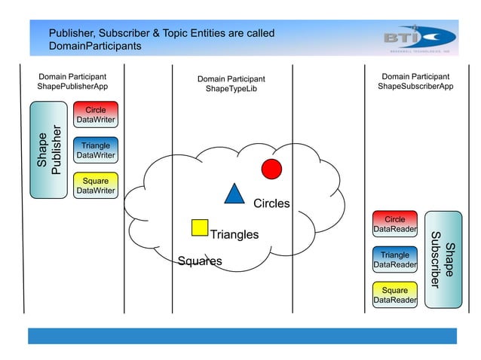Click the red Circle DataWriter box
[x=95, y=114]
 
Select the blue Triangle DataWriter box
[x=95, y=150]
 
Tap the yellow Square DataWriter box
[x=95, y=185]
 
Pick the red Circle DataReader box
[x=395, y=224]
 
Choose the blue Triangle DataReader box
[x=395, y=260]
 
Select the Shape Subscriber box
[x=443, y=258]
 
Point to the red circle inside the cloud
[x=271, y=169]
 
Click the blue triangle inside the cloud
[x=234, y=194]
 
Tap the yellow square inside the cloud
[x=200, y=227]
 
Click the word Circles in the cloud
[x=271, y=204]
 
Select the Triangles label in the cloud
[x=234, y=235]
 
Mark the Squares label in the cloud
[x=200, y=262]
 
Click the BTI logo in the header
[x=418, y=38]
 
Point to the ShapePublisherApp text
[x=72, y=87]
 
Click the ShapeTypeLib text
[x=231, y=90]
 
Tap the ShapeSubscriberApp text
[x=415, y=87]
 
